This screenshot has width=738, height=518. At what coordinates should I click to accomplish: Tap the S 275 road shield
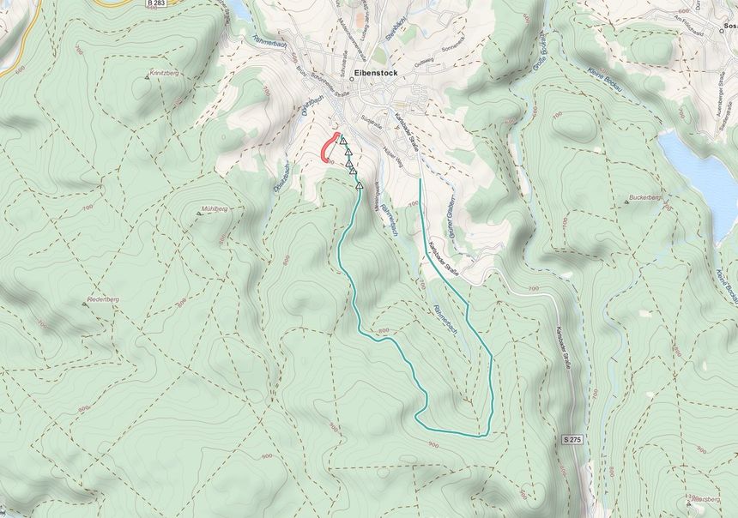pos(574,439)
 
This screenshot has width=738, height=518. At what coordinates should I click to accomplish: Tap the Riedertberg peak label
pos(102,298)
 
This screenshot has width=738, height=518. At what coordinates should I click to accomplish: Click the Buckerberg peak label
pos(648,197)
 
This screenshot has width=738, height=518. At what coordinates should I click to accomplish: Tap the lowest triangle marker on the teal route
pos(360,184)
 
